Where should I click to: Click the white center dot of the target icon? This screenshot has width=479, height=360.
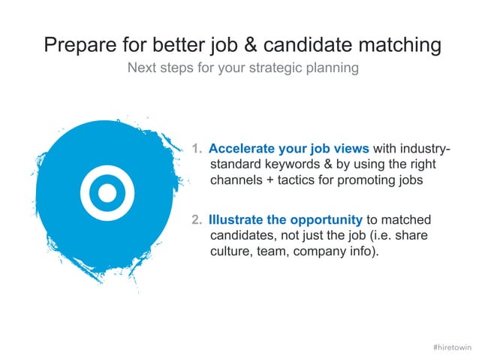click(108, 193)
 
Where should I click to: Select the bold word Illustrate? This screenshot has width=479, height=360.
click(236, 220)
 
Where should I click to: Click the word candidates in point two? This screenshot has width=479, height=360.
click(240, 236)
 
